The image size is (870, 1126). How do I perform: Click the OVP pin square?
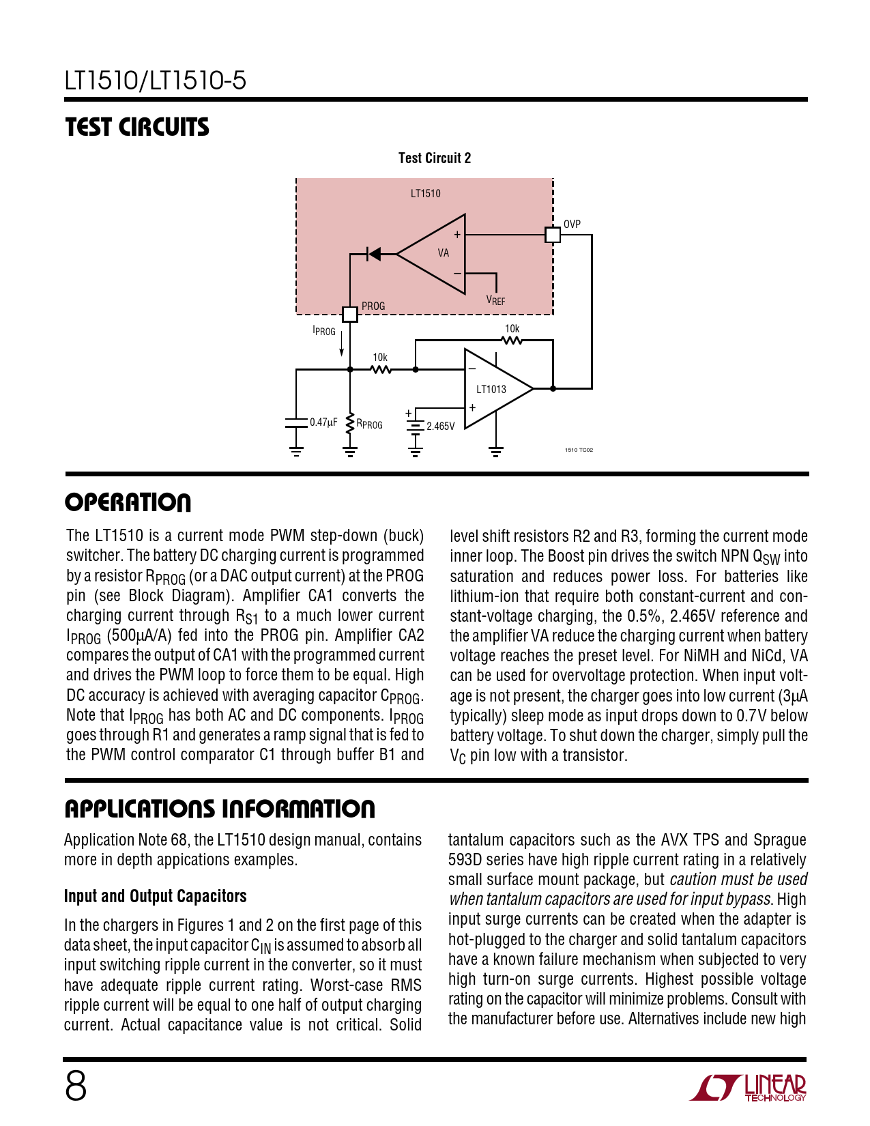pyautogui.click(x=553, y=235)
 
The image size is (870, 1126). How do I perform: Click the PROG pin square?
pyautogui.click(x=349, y=314)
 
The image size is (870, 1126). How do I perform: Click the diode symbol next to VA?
pyautogui.click(x=374, y=254)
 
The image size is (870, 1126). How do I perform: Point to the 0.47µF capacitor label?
pyautogui.click(x=323, y=422)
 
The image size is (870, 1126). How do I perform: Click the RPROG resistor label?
pyautogui.click(x=369, y=424)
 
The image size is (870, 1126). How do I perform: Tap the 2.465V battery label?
pyautogui.click(x=440, y=427)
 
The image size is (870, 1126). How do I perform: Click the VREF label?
pyautogui.click(x=495, y=300)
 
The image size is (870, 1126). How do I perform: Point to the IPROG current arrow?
pyautogui.click(x=341, y=345)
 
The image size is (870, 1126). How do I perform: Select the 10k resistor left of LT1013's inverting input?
pyautogui.click(x=381, y=369)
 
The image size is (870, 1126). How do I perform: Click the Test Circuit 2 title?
pyautogui.click(x=435, y=158)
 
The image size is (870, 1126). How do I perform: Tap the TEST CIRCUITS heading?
pyautogui.click(x=137, y=128)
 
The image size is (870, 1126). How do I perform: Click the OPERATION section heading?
pyautogui.click(x=128, y=503)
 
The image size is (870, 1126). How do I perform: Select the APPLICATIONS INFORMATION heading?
pyautogui.click(x=220, y=809)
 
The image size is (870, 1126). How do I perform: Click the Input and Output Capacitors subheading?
pyautogui.click(x=155, y=896)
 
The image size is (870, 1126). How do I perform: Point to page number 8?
pyautogui.click(x=76, y=1086)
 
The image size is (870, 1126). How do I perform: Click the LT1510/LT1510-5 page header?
pyautogui.click(x=155, y=81)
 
